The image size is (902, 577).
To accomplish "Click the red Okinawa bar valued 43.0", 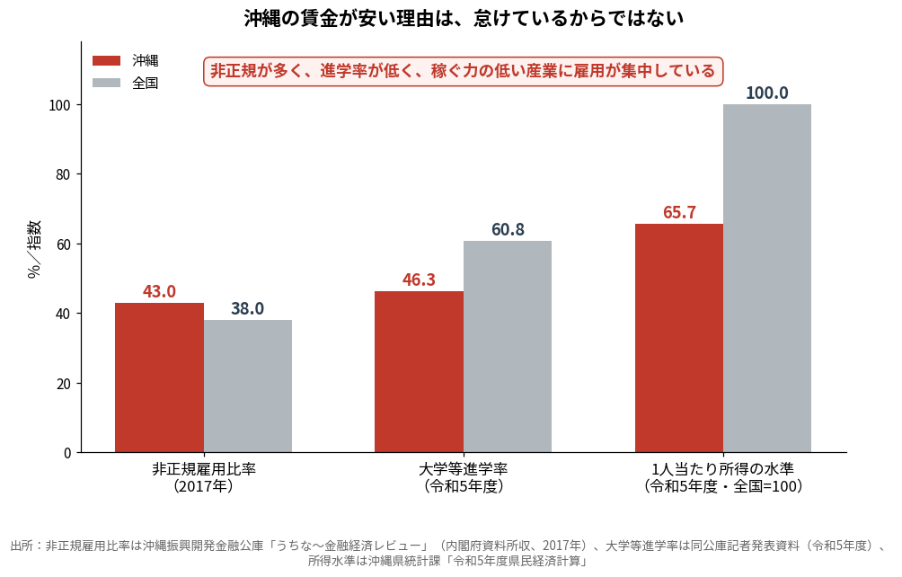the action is click(x=159, y=377).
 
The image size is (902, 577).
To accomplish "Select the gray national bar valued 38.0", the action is click(x=248, y=386).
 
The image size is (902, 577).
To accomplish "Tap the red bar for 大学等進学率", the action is click(x=419, y=371).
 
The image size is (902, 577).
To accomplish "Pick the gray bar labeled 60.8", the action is click(x=508, y=346).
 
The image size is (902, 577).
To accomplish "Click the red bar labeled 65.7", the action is click(x=679, y=338).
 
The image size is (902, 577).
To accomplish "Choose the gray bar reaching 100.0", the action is click(x=767, y=279).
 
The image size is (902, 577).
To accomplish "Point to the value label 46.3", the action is click(x=419, y=280).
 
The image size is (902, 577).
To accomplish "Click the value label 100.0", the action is click(x=767, y=93).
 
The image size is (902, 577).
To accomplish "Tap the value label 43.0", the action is click(x=159, y=291).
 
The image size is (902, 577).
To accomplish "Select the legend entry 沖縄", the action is click(x=126, y=60).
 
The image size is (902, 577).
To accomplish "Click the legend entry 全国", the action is click(x=126, y=83).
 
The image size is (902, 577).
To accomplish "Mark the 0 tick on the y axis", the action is click(x=67, y=453).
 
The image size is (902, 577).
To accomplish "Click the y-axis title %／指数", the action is click(x=34, y=249).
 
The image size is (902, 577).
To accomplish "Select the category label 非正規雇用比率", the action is click(x=204, y=469).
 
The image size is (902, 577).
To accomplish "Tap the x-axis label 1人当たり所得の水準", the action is click(x=723, y=469).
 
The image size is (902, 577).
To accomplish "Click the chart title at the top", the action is click(x=464, y=18).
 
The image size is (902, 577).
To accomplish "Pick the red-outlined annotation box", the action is click(x=463, y=71).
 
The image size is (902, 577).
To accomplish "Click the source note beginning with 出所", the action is click(x=451, y=553).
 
